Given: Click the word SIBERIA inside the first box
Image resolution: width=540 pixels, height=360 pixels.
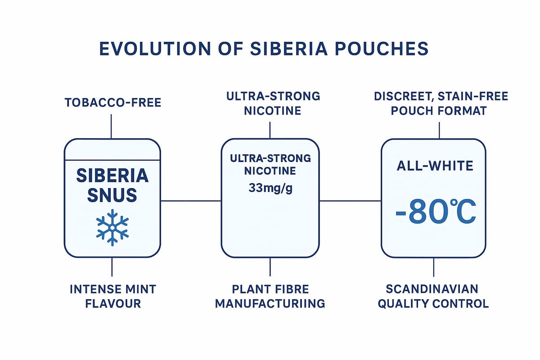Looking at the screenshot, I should [x=112, y=176].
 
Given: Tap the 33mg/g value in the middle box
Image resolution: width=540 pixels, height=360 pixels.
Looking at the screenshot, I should [x=270, y=188].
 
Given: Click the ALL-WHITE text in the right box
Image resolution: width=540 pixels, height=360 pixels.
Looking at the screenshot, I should [x=435, y=166].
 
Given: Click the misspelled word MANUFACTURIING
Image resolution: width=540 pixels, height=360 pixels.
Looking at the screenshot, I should [x=270, y=303].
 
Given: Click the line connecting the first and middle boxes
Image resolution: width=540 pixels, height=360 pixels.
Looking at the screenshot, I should [x=191, y=201].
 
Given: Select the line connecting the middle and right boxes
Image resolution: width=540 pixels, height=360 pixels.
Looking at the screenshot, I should [x=350, y=201].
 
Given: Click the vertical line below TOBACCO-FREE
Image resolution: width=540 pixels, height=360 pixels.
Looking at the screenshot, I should [x=111, y=126].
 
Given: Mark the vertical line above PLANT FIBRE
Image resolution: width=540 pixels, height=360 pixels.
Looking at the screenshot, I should [x=270, y=266].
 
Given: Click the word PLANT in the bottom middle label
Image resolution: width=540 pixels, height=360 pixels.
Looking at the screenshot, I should [x=247, y=289].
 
